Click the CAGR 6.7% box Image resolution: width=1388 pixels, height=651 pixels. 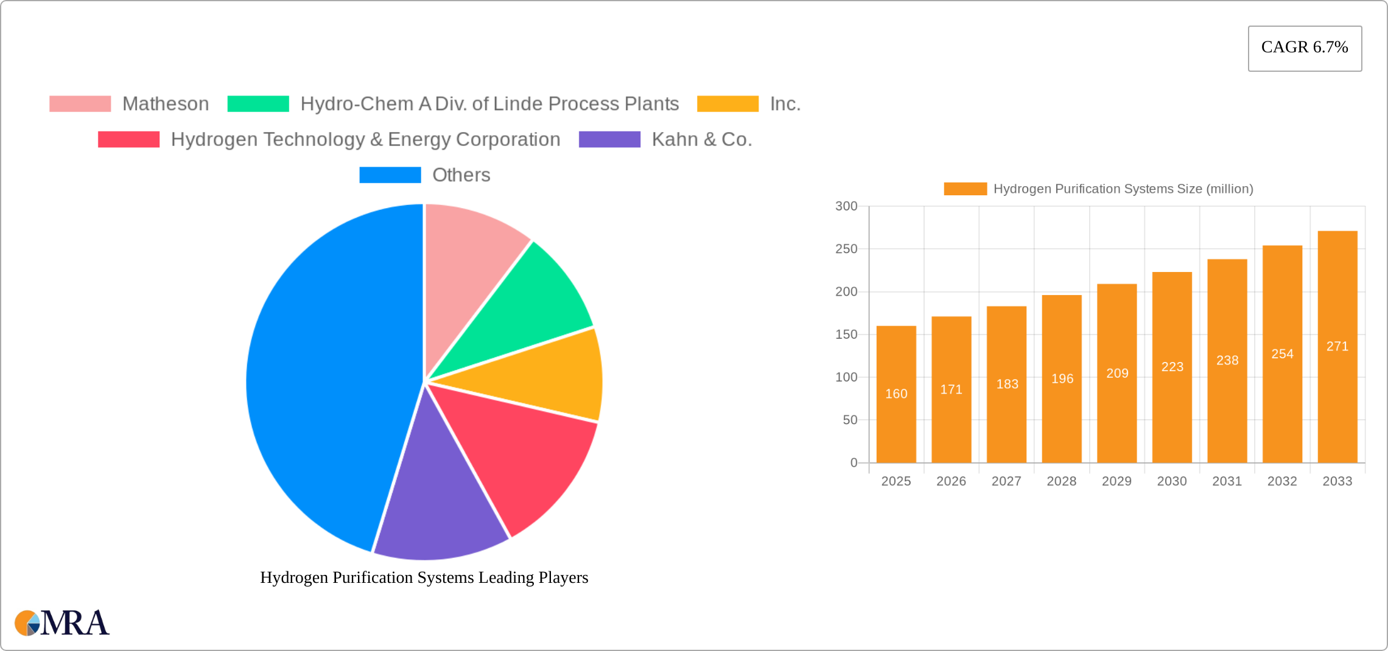(1305, 48)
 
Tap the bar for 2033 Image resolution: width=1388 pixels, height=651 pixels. (1337, 347)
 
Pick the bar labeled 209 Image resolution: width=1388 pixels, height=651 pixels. (1117, 373)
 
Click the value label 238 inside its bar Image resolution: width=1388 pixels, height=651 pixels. (1227, 360)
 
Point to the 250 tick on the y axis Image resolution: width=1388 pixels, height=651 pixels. (846, 249)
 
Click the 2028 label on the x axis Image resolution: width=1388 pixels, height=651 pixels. (1062, 481)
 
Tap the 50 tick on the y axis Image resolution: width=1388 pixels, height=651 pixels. (850, 420)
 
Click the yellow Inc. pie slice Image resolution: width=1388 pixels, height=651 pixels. (548, 377)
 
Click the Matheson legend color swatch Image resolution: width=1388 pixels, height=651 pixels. (80, 104)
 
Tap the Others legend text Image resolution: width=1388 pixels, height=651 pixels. (461, 175)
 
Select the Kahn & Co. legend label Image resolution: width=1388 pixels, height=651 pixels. (701, 139)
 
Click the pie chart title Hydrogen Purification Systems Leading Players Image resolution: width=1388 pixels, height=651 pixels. (424, 577)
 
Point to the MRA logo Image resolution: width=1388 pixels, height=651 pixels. (62, 623)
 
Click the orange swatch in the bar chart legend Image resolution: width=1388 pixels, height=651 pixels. (965, 189)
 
